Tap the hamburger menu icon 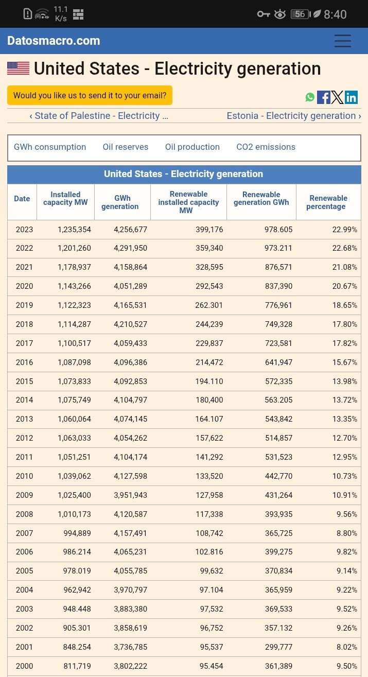point(343,41)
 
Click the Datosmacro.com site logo point(54,41)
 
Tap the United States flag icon point(19,68)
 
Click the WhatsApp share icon point(310,97)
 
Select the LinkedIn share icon point(351,97)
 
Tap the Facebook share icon point(324,97)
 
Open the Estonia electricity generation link point(294,116)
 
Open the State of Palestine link point(99,116)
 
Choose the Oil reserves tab point(126,147)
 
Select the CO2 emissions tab point(266,147)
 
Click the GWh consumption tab point(50,147)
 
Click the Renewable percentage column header point(328,202)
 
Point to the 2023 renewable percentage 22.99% point(344,230)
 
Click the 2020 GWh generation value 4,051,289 point(130,286)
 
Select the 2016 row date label point(24,362)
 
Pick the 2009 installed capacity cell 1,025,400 point(74,495)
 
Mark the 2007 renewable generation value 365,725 point(278,533)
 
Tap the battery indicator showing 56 point(301,14)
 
